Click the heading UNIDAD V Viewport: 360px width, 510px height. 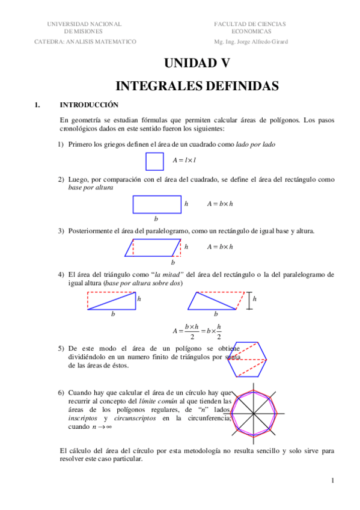coord(197,63)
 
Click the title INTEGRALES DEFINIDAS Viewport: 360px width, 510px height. coord(197,86)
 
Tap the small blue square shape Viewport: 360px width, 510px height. coord(154,162)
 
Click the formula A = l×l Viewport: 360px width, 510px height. coord(185,161)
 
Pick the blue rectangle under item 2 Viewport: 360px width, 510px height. coord(156,204)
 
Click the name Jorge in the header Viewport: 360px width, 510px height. coord(249,41)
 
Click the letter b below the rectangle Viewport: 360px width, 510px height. coord(156,218)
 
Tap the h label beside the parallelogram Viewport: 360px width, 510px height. coord(186,247)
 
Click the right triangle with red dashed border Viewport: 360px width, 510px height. coord(112,301)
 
